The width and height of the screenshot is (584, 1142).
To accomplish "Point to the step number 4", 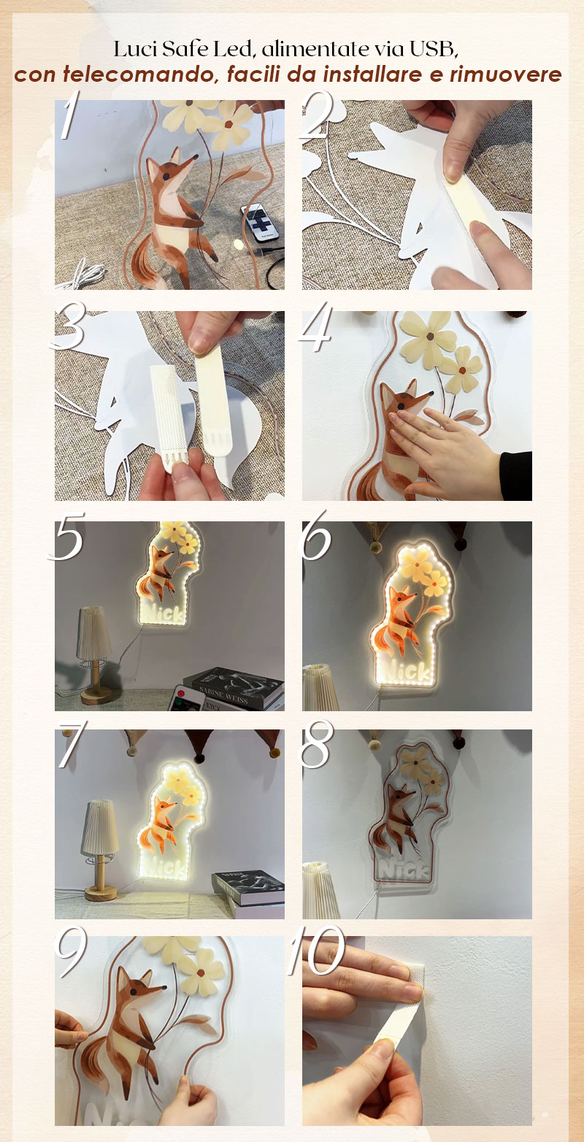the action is click(x=316, y=327).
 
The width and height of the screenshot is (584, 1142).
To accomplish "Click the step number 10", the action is click(x=316, y=950).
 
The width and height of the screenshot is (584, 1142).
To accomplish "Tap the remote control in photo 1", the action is click(x=261, y=222).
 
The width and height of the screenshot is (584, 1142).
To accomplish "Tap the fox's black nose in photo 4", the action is click(x=431, y=394).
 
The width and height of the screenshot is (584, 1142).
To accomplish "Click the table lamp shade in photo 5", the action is click(x=93, y=632).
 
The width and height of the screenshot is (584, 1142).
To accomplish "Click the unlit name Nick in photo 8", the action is click(x=402, y=870).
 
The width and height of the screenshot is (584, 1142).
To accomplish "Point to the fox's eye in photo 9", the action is click(x=133, y=992).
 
